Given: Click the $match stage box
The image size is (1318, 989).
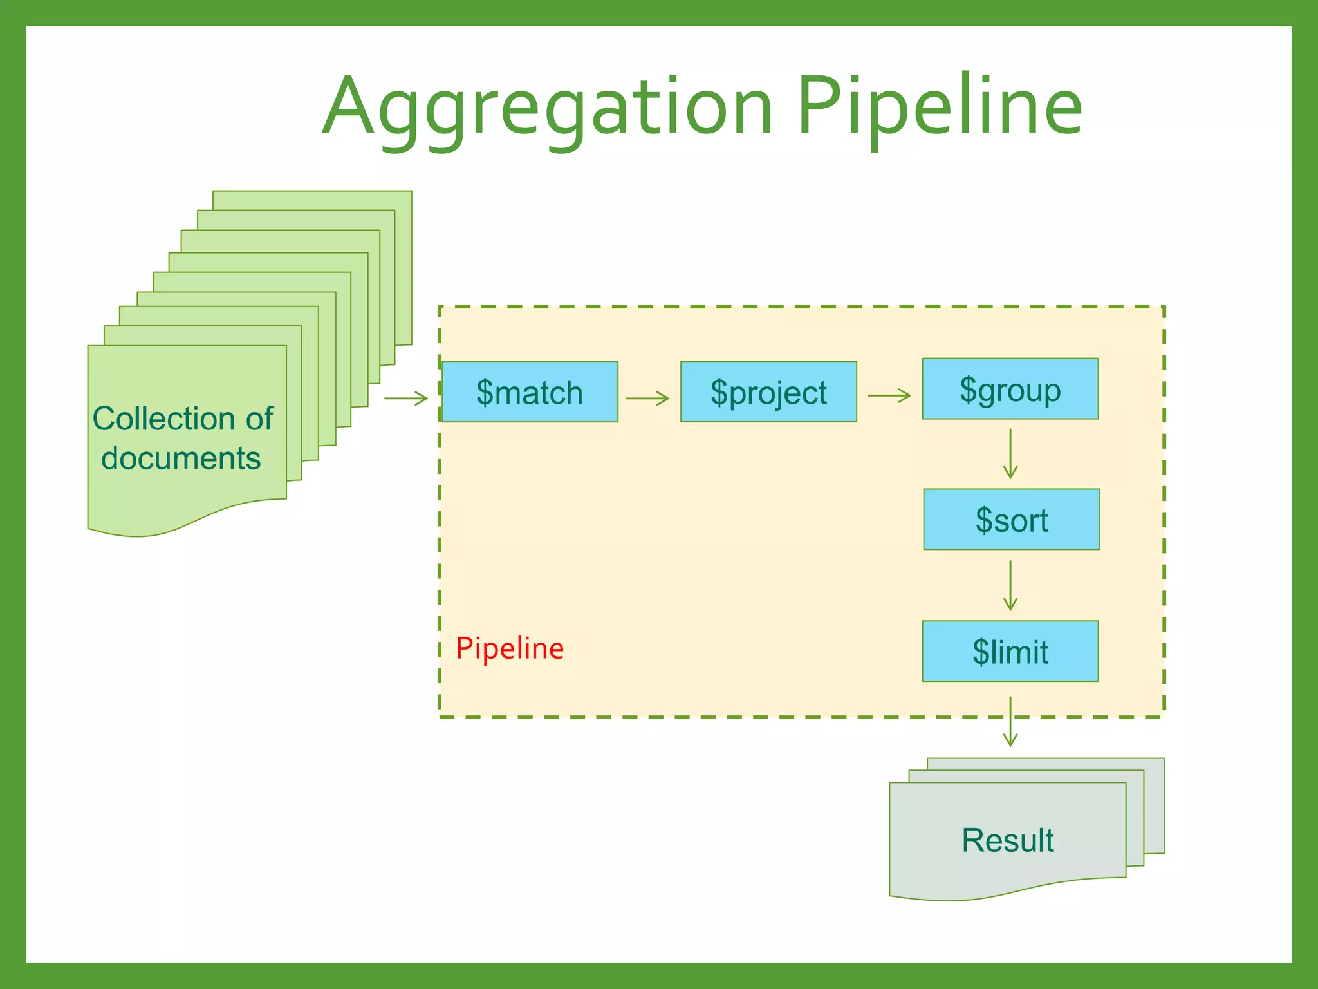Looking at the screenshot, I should [x=530, y=391].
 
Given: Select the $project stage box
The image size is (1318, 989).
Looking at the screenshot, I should [x=768, y=391].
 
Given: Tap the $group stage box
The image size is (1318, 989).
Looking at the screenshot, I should [x=1010, y=388].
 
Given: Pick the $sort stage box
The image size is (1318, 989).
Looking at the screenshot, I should [x=1011, y=519].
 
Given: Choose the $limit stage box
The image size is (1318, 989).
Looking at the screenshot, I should [x=1010, y=651].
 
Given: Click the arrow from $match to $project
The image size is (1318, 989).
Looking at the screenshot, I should [x=647, y=399].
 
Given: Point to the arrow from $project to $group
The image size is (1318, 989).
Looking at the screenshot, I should [x=889, y=395].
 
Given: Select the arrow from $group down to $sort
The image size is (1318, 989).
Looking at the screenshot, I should [x=1010, y=454].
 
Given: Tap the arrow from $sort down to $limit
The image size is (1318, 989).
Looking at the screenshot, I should [x=1010, y=585].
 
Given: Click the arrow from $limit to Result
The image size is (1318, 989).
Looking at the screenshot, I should [x=1010, y=721].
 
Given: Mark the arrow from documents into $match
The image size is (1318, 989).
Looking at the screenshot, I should [x=406, y=399].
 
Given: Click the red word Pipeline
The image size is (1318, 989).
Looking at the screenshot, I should [x=510, y=648].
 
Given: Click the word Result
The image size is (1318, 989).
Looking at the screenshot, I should [x=1008, y=840].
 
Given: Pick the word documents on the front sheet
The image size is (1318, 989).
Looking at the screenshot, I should [x=181, y=458].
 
